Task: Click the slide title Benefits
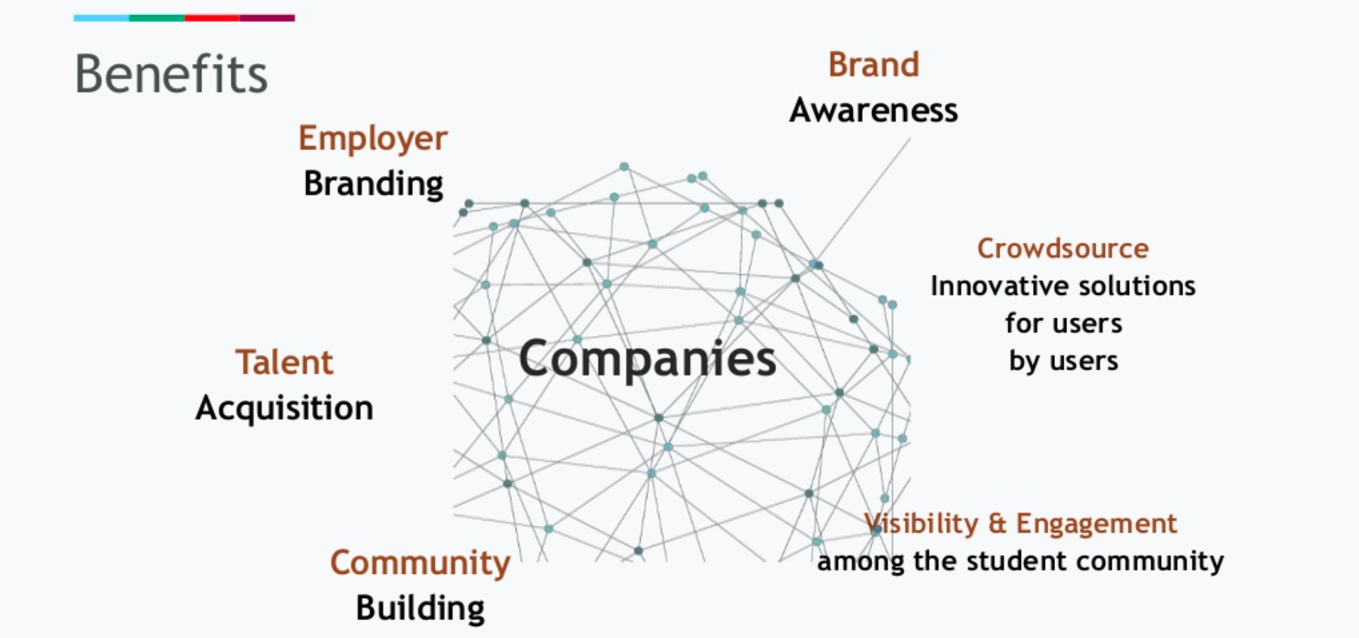coord(171,74)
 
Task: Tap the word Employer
coord(372,138)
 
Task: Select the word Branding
coord(373,184)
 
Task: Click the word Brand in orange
coord(873,65)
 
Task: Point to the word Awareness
coord(873,110)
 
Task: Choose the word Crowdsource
coord(1063,249)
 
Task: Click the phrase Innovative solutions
coord(1063,286)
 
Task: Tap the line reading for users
coord(1064,323)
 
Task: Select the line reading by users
coord(1064,361)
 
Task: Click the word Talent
coord(284,362)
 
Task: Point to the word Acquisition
coord(284,408)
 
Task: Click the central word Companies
coord(647,358)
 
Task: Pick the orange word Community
coord(420,563)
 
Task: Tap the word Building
coord(420,608)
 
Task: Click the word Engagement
coord(1096,524)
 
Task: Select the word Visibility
coord(921,524)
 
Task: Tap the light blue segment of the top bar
coord(101,18)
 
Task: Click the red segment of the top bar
coord(212,18)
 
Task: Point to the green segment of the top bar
coord(157,18)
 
